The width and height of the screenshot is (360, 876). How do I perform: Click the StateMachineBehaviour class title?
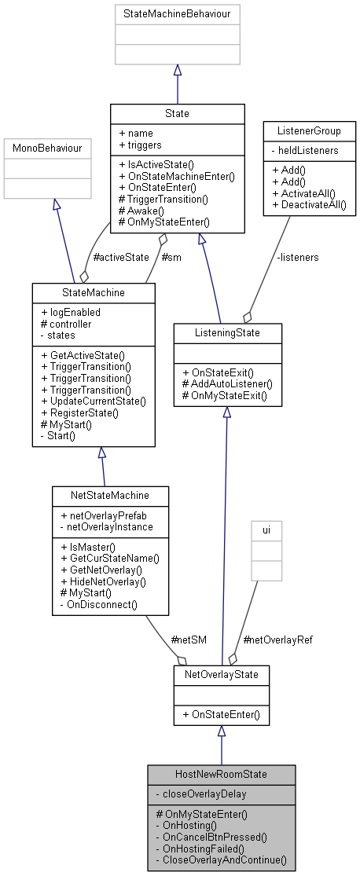pyautogui.click(x=177, y=14)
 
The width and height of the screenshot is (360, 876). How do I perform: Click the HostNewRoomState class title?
pyautogui.click(x=221, y=774)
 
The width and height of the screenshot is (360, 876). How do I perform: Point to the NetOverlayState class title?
pyautogui.click(x=221, y=674)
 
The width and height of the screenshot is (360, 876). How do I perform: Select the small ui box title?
pyautogui.click(x=266, y=530)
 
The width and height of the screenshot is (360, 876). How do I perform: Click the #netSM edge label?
pyautogui.click(x=189, y=640)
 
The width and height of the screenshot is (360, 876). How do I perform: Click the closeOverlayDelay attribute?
pyautogui.click(x=197, y=794)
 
